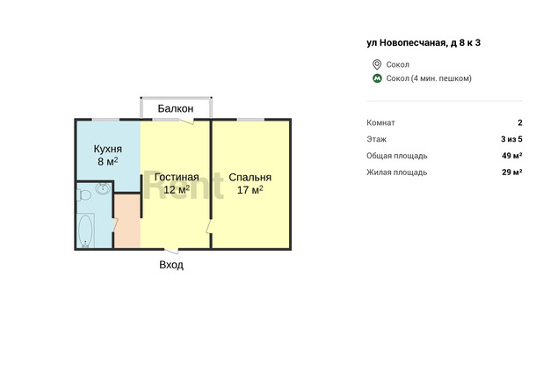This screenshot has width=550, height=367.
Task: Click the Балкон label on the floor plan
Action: [176, 108]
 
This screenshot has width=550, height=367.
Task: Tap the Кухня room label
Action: [108, 149]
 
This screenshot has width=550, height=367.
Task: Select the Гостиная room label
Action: [177, 177]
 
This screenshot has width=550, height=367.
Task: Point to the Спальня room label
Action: [250, 177]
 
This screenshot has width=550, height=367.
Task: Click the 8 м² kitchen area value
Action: [108, 161]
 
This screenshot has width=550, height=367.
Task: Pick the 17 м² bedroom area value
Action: [250, 190]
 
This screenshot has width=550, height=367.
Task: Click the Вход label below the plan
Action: [171, 264]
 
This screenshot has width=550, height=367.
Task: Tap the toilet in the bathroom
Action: [84, 195]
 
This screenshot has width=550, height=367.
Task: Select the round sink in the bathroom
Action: [103, 188]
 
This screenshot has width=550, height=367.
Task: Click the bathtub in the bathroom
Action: [85, 231]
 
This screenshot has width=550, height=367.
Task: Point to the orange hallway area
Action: [127, 220]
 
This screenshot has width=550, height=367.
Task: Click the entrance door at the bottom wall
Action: [172, 251]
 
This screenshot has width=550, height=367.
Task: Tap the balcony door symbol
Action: [186, 121]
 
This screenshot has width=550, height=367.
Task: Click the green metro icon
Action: [377, 78]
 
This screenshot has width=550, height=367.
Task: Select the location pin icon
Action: [377, 64]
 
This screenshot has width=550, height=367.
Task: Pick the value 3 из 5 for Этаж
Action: [511, 139]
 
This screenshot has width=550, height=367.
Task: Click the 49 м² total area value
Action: [511, 156]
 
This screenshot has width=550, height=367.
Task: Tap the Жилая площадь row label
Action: [397, 172]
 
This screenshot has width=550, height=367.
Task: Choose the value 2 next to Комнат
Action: [520, 122]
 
